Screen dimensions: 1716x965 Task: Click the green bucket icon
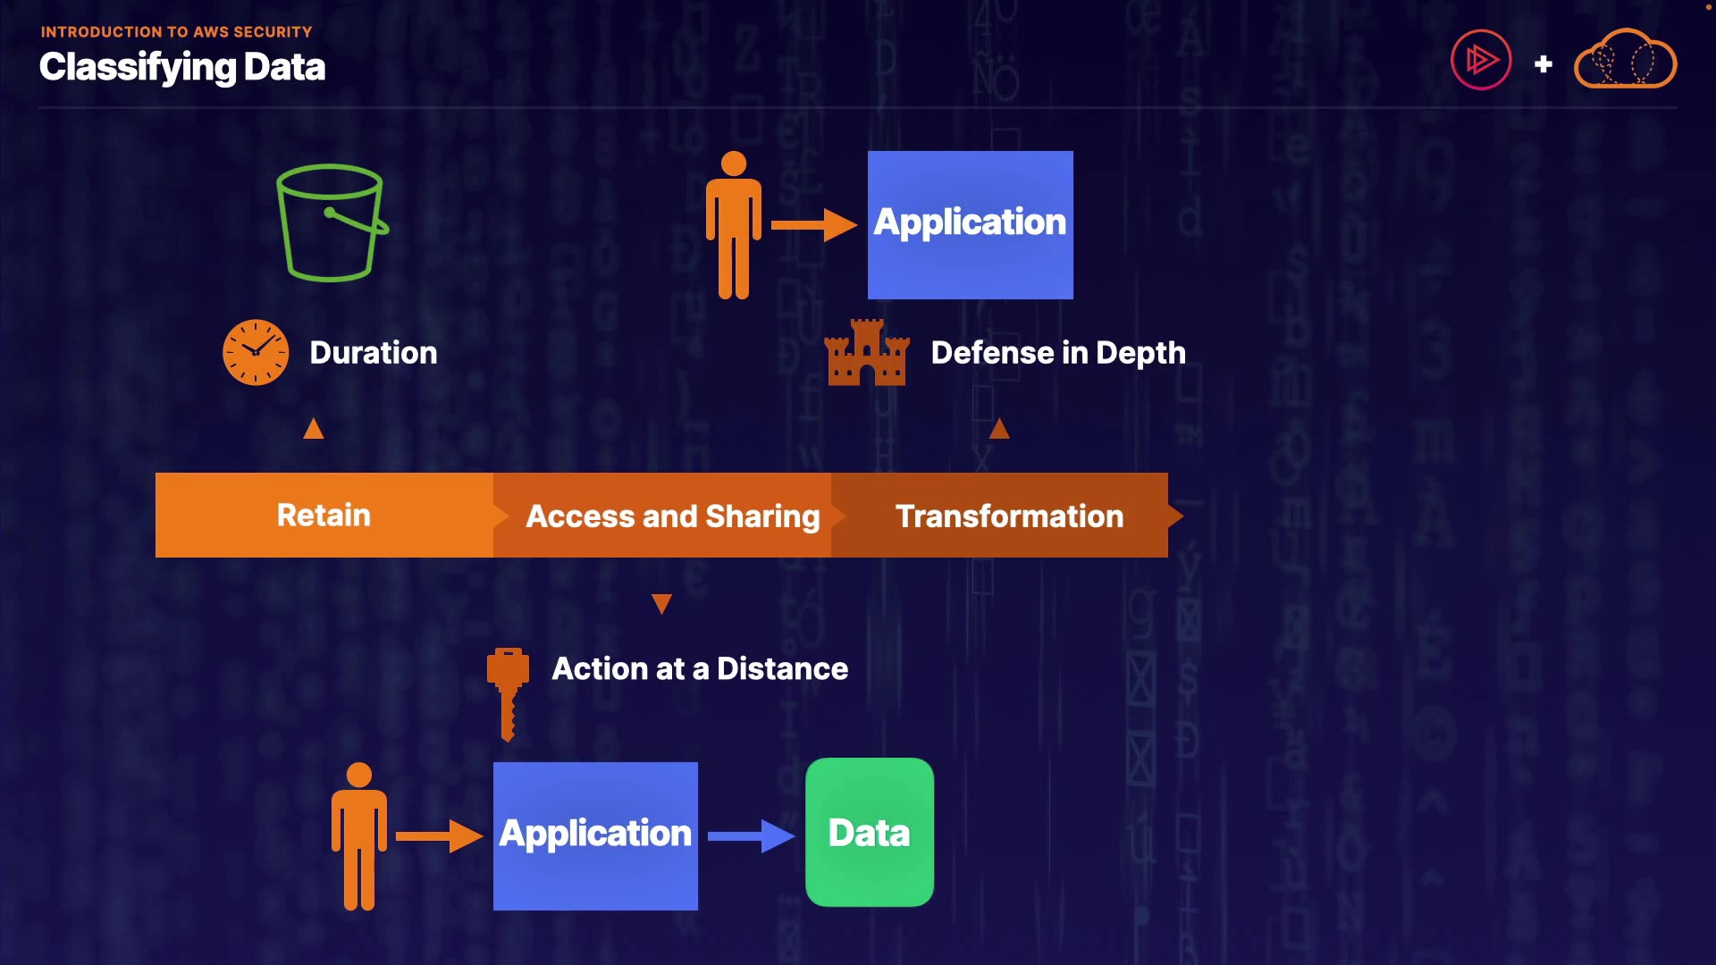[x=332, y=223]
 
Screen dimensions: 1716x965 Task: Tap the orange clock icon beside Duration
[x=256, y=352]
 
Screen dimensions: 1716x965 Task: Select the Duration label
[x=374, y=353]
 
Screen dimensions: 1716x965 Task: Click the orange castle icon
[x=867, y=353]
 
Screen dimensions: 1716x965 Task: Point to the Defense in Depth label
[x=1058, y=353]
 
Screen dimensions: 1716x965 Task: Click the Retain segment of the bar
[x=324, y=516]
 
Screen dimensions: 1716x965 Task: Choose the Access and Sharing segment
[x=672, y=516]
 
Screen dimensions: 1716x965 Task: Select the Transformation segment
[x=1009, y=516]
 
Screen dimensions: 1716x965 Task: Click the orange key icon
[x=508, y=693]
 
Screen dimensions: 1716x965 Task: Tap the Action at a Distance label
[x=700, y=669]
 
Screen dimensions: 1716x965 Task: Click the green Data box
[x=870, y=833]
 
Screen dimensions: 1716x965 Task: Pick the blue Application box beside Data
[x=595, y=835]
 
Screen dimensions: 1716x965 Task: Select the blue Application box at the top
[x=970, y=224]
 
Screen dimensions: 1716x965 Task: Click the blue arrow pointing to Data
[x=750, y=836]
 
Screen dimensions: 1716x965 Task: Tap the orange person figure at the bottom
[x=359, y=836]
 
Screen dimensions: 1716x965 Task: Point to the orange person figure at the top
[x=734, y=224]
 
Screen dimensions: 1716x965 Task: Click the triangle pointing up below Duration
[x=314, y=429]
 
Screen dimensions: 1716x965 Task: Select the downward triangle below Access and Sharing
[x=661, y=604]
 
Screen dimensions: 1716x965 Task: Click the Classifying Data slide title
[x=182, y=67]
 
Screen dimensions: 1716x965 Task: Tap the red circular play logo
[x=1481, y=60]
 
